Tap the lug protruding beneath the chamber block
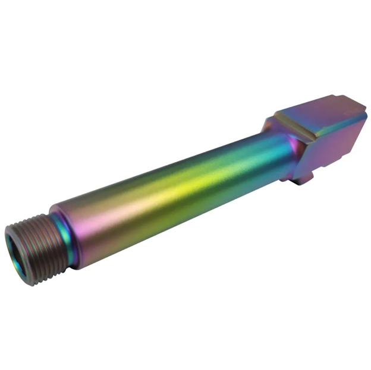click(x=304, y=175)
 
